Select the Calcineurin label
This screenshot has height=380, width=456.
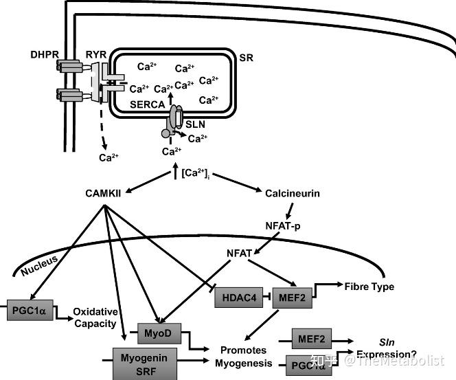pos(292,194)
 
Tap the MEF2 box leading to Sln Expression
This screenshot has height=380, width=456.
pos(310,339)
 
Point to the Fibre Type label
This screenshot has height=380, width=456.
pos(369,286)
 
